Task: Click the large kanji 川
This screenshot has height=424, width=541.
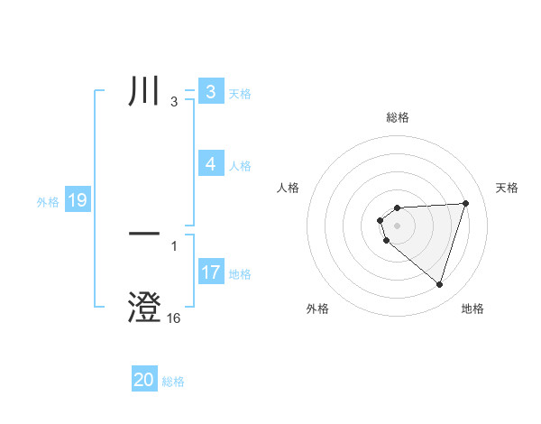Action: coord(145,92)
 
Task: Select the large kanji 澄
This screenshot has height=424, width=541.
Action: coord(145,308)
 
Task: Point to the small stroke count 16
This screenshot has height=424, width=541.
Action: coord(174,318)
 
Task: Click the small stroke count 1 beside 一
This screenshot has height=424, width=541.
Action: coord(174,245)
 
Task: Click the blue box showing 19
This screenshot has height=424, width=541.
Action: coord(78,200)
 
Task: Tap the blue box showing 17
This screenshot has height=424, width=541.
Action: coord(211,272)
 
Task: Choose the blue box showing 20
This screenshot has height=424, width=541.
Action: coord(144,380)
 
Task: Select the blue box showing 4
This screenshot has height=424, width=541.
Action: coord(211,163)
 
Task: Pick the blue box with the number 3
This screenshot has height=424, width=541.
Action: coord(211,91)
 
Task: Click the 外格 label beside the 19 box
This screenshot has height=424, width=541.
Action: coord(48,202)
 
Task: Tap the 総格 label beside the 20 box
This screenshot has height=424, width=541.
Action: coord(173,382)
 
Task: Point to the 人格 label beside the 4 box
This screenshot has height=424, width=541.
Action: coord(240,166)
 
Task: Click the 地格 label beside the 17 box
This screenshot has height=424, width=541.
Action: coord(240,274)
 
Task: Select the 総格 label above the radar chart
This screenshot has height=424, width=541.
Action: coord(398,117)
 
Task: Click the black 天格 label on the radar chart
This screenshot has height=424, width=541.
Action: coord(507,188)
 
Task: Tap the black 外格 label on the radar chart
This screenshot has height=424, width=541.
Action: coord(317,309)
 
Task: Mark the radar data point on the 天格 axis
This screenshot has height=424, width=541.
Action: coord(466,203)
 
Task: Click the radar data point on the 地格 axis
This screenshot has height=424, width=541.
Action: coord(440,284)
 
